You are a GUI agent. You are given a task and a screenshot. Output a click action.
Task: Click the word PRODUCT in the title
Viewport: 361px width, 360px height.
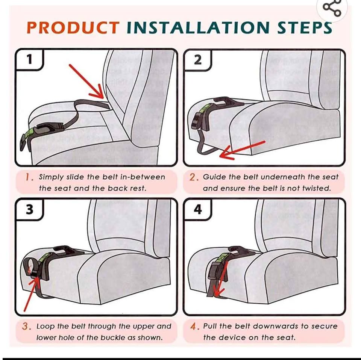[73, 27]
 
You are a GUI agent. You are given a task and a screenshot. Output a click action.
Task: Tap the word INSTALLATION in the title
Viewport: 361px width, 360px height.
[198, 27]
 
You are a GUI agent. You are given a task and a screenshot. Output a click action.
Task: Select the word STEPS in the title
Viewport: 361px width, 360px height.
[305, 27]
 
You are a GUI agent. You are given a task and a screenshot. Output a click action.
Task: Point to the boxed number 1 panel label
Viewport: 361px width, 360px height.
[29, 59]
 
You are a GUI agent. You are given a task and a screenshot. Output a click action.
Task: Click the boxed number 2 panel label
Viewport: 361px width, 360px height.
[197, 60]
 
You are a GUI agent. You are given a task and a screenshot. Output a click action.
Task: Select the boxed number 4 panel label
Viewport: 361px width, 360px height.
[197, 210]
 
